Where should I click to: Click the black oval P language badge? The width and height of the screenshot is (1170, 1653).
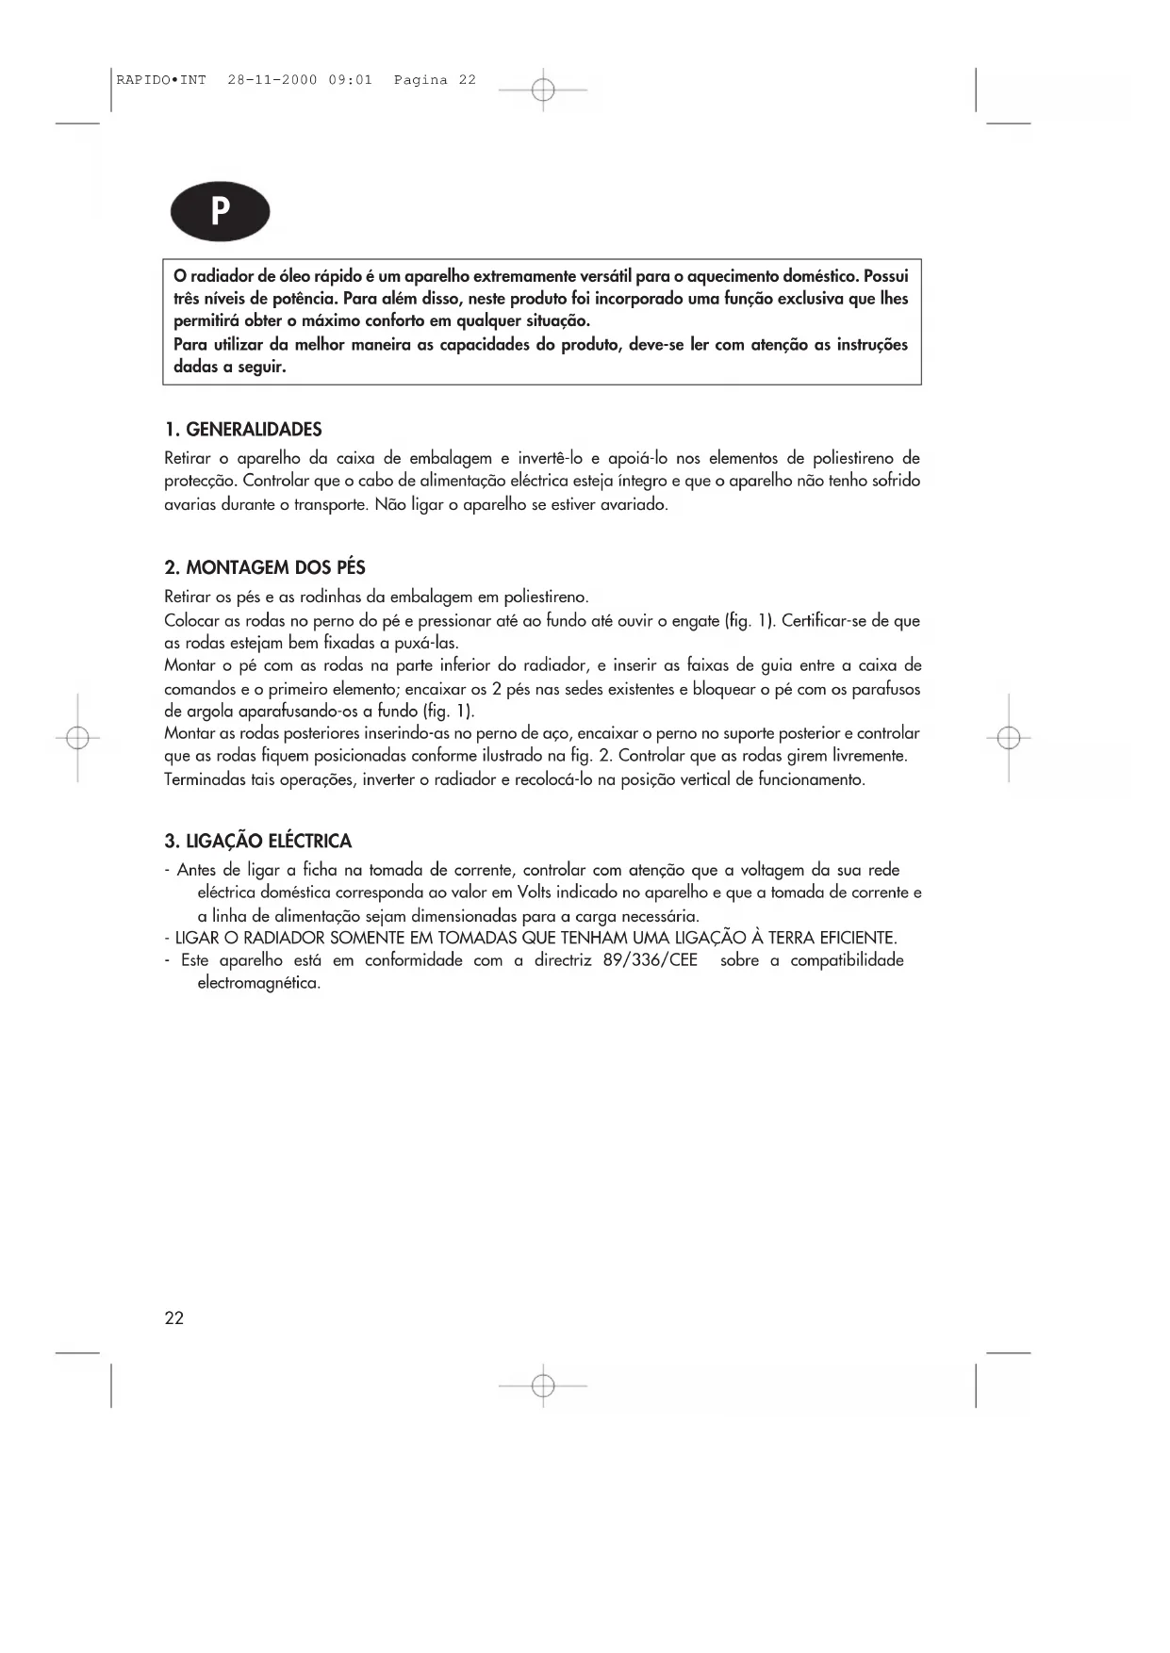(220, 211)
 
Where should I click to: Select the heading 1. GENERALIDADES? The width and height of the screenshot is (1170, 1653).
(243, 430)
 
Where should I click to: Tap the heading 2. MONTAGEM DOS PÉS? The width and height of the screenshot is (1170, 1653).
(265, 567)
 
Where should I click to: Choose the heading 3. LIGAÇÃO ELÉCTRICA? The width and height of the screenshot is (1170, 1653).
(257, 841)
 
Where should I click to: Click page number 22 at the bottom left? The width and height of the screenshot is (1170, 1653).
(174, 1318)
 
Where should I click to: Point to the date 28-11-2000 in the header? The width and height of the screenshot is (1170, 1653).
(272, 80)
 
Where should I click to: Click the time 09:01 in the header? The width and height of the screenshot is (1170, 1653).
(350, 80)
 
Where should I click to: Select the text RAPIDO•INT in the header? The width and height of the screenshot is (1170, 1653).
(161, 80)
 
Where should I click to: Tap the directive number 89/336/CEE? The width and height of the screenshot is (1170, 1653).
(651, 960)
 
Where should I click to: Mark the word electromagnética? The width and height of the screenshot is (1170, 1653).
(259, 983)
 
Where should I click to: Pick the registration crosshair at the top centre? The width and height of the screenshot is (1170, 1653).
(543, 90)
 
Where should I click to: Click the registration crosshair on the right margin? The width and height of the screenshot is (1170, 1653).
(1009, 738)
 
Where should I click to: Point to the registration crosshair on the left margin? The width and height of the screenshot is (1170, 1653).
(78, 738)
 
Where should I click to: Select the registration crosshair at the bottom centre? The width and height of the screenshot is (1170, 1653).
(543, 1385)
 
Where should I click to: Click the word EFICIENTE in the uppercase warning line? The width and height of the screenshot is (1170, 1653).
(850, 938)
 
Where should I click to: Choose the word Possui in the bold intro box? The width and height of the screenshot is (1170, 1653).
(885, 276)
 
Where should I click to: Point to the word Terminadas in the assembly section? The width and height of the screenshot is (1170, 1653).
(204, 779)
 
